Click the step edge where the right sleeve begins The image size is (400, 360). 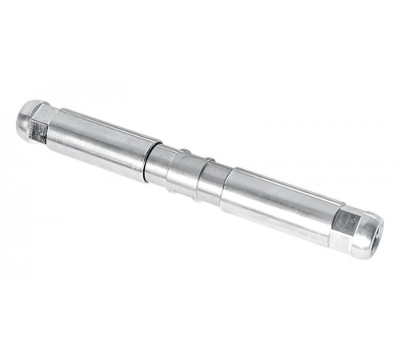pyautogui.click(x=226, y=189)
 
